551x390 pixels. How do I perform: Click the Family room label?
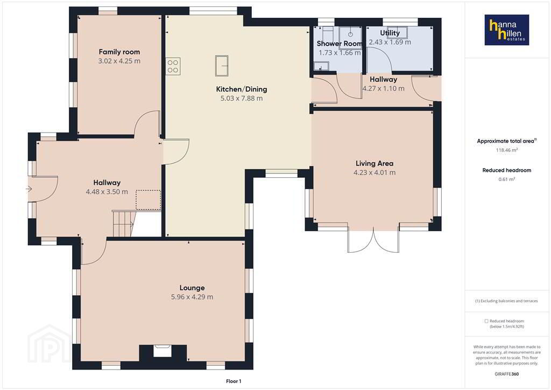(x=119, y=52)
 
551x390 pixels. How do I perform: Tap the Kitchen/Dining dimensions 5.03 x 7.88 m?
(x=242, y=99)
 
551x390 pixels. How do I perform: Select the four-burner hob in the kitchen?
(x=173, y=66)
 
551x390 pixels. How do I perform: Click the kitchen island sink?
(x=222, y=65)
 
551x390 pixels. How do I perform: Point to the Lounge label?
(x=192, y=288)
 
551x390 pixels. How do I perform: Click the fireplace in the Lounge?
(x=163, y=351)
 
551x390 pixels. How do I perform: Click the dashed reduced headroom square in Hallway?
(x=149, y=200)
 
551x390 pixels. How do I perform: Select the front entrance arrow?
(x=29, y=189)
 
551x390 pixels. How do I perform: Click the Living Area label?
(x=375, y=164)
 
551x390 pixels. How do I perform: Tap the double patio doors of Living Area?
(x=373, y=240)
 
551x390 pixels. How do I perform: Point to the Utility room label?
(x=390, y=33)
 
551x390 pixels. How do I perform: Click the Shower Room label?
(x=339, y=44)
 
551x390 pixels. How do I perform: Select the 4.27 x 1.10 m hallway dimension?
(x=383, y=89)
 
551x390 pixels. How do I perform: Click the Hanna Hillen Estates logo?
(x=507, y=30)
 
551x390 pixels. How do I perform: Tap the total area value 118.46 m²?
(x=507, y=150)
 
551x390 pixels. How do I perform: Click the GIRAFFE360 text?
(x=507, y=374)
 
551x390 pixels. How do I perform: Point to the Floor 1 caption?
(x=234, y=381)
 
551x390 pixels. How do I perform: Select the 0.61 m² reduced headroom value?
(x=507, y=179)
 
